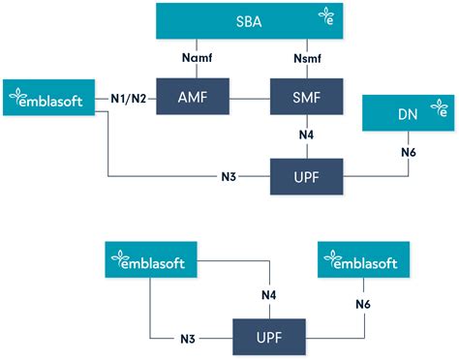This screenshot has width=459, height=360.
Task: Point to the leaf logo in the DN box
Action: tap(441, 111)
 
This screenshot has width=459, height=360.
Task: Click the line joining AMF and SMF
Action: tap(237, 99)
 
